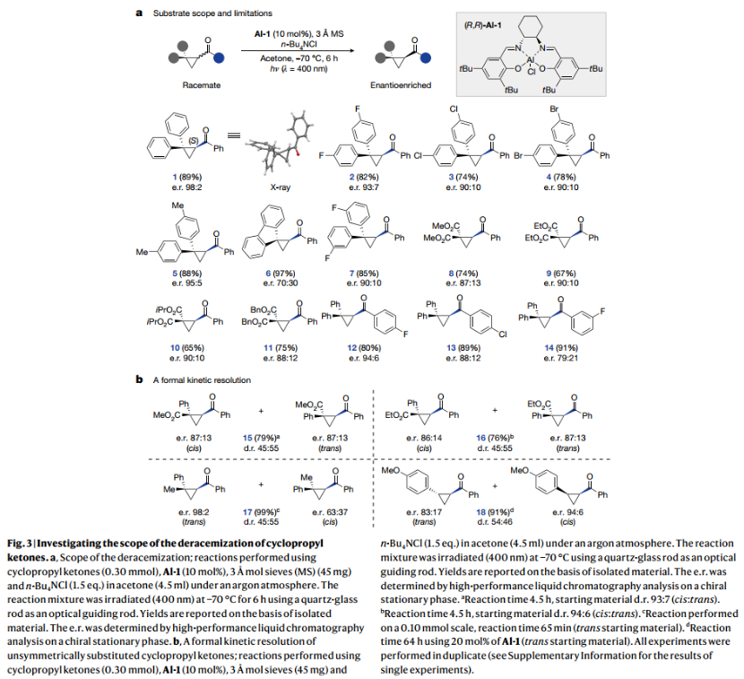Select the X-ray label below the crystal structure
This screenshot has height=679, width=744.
(x=281, y=191)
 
